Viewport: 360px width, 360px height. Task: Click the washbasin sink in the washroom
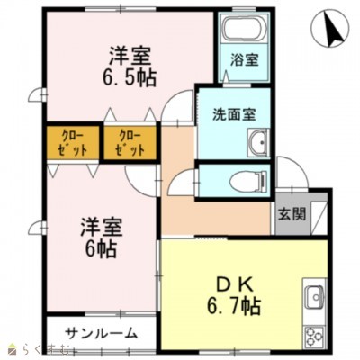click(258, 141)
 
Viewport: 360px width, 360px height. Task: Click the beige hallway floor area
click(216, 211)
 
